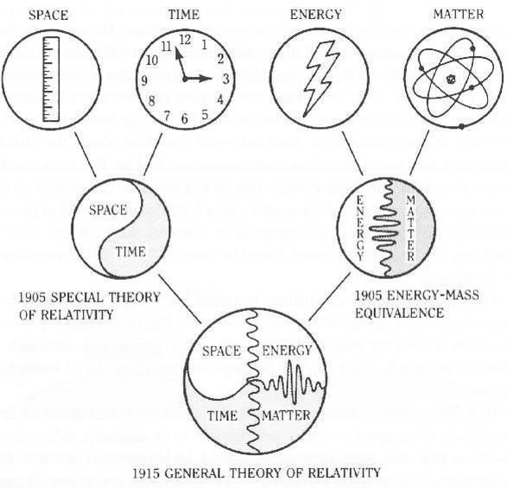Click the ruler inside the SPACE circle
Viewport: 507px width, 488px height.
click(x=51, y=79)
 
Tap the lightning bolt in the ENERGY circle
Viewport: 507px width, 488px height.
click(x=320, y=79)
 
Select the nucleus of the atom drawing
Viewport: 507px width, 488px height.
click(x=450, y=79)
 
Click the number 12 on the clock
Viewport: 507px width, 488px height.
click(x=185, y=40)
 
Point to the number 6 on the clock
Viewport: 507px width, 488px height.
click(x=184, y=118)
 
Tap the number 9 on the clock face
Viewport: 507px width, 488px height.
click(x=144, y=80)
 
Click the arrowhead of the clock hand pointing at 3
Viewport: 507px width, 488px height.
click(x=205, y=79)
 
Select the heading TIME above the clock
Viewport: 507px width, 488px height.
click(x=184, y=15)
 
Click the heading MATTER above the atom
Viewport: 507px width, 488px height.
click(x=458, y=14)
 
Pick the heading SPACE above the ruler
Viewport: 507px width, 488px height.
click(x=48, y=15)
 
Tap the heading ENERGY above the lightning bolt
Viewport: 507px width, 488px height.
click(x=315, y=14)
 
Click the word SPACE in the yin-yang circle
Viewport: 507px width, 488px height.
click(x=108, y=210)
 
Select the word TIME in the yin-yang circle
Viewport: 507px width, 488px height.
click(x=130, y=251)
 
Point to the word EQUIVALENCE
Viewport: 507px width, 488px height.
click(x=400, y=313)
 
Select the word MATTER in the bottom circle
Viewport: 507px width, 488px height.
click(x=286, y=415)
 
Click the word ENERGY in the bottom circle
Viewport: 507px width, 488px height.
click(x=287, y=351)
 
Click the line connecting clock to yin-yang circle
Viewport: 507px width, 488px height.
click(x=153, y=155)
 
